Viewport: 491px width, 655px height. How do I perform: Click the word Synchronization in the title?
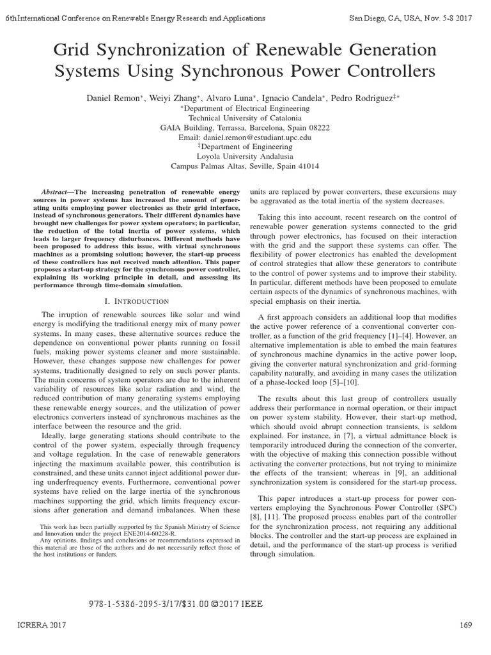click(135, 49)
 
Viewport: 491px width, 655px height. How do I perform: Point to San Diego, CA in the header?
click(377, 19)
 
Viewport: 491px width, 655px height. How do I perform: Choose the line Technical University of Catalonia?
click(245, 118)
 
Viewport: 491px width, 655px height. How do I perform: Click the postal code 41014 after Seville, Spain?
click(306, 166)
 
